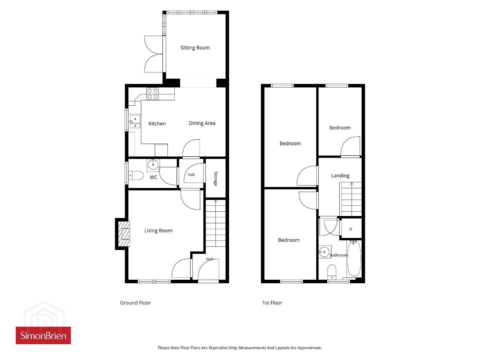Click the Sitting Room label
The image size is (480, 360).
pyautogui.click(x=195, y=48)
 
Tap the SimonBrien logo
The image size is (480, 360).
pyautogui.click(x=43, y=335)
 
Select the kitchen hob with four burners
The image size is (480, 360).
pyautogui.click(x=153, y=94)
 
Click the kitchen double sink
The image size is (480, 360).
pyautogui.click(x=135, y=122)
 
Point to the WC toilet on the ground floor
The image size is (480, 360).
pyautogui.click(x=136, y=175)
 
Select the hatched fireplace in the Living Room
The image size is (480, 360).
pyautogui.click(x=124, y=234)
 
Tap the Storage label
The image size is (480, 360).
pyautogui.click(x=215, y=179)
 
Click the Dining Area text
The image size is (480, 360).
pyautogui.click(x=202, y=123)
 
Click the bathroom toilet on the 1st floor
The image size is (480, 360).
pyautogui.click(x=332, y=272)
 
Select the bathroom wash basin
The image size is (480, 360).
pyautogui.click(x=324, y=252)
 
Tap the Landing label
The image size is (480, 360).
pyautogui.click(x=340, y=176)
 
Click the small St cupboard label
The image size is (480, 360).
pyautogui.click(x=351, y=229)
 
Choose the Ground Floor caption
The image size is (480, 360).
pyautogui.click(x=135, y=303)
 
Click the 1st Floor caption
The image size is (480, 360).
pyautogui.click(x=272, y=303)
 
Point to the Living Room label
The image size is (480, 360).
pyautogui.click(x=158, y=231)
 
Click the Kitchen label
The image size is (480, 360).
pyautogui.click(x=157, y=124)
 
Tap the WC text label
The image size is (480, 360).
pyautogui.click(x=153, y=177)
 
